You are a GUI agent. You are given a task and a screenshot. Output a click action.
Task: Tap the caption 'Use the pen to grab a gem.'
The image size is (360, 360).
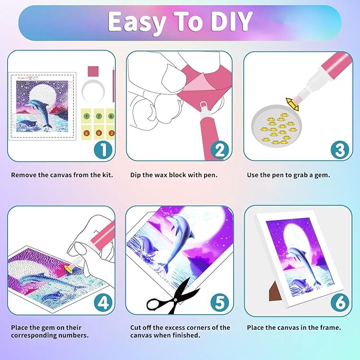click(x=288, y=174)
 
